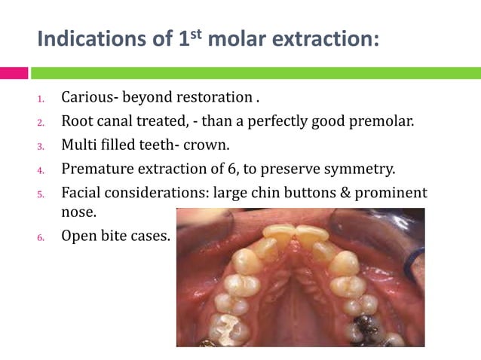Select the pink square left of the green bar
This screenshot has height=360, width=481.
[14, 73]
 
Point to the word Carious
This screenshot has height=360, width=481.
[87, 97]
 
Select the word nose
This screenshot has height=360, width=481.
[78, 213]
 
